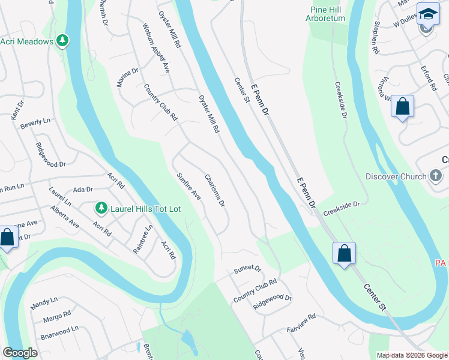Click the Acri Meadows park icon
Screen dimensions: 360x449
[63, 41]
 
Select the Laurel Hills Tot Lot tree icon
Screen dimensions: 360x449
[101, 208]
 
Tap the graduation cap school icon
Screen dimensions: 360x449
[428, 14]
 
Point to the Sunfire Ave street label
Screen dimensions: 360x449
[188, 186]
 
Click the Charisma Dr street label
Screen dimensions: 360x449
[214, 190]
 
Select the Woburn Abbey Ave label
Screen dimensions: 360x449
[155, 49]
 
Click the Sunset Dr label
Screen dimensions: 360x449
[247, 269]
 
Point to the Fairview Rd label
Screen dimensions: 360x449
[301, 323]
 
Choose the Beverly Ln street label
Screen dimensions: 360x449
[35, 124]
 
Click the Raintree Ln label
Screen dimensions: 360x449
[143, 239]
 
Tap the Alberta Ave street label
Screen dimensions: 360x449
[65, 217]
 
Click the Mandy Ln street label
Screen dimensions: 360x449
[44, 302]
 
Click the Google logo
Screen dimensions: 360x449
[20, 353]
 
